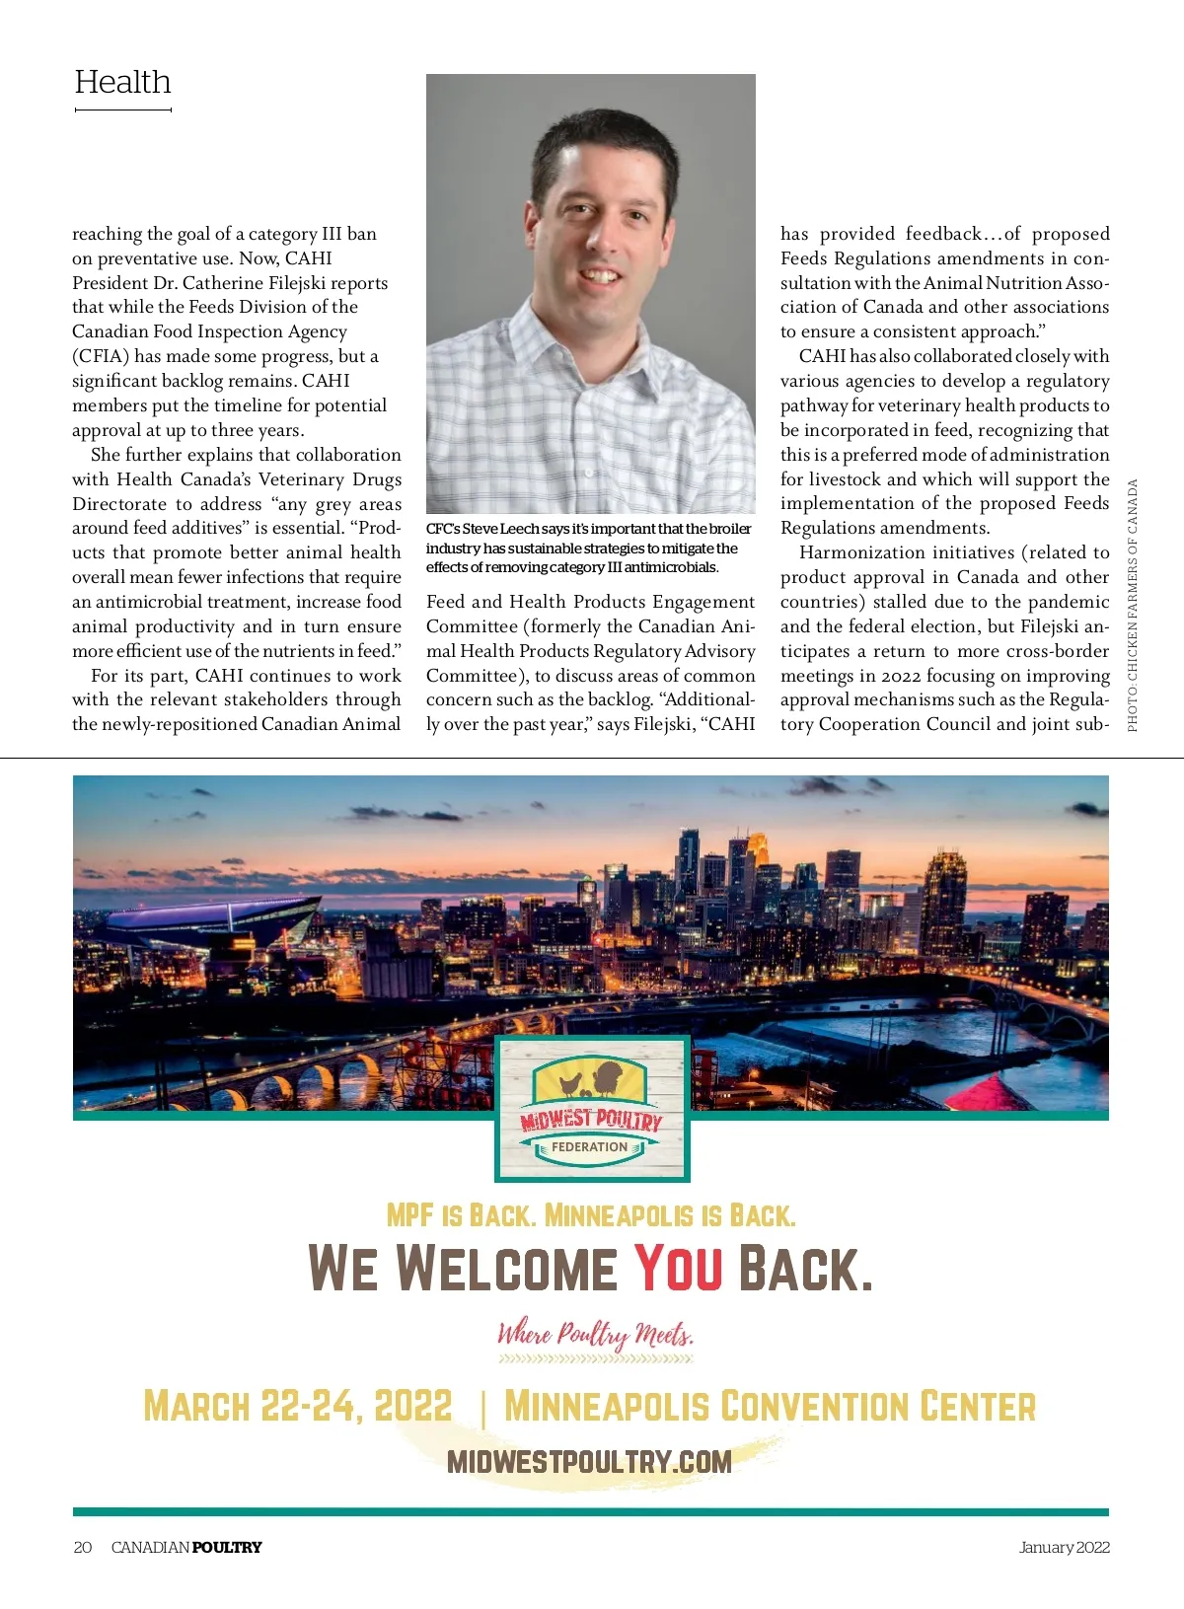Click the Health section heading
tap(122, 82)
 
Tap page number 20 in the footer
tap(83, 1547)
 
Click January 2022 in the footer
tap(1064, 1547)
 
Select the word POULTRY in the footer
tap(227, 1547)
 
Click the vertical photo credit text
tap(1133, 605)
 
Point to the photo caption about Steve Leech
tap(588, 548)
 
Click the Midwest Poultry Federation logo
tap(591, 1109)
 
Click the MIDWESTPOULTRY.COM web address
tap(589, 1461)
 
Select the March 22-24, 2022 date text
tap(297, 1406)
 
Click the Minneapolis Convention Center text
tap(770, 1406)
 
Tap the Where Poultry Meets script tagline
tap(595, 1335)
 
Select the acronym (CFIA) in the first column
tap(101, 356)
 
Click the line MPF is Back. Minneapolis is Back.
tap(590, 1214)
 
